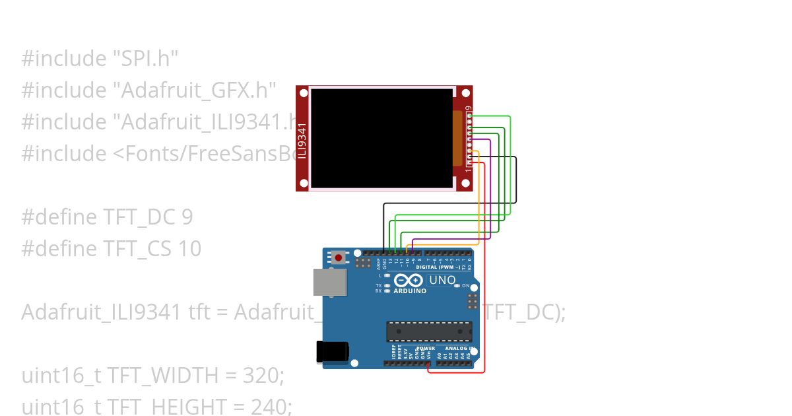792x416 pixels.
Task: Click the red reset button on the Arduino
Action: (x=339, y=258)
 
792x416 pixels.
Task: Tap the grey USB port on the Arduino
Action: (x=329, y=282)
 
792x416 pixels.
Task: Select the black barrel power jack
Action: (x=332, y=351)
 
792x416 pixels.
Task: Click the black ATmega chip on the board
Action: (x=429, y=331)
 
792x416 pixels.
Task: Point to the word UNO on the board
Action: (x=442, y=280)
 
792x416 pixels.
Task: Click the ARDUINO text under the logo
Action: (x=410, y=291)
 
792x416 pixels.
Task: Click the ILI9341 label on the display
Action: (x=302, y=141)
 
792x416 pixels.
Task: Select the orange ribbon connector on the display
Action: (x=457, y=138)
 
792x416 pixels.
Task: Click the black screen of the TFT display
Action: (x=381, y=138)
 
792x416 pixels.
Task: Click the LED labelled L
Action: (x=387, y=275)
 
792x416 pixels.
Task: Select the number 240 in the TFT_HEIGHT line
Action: (x=270, y=407)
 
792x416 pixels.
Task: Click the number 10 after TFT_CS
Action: (x=189, y=249)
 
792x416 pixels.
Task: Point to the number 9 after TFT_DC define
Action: (x=187, y=217)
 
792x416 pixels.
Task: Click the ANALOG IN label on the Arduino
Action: (x=460, y=348)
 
